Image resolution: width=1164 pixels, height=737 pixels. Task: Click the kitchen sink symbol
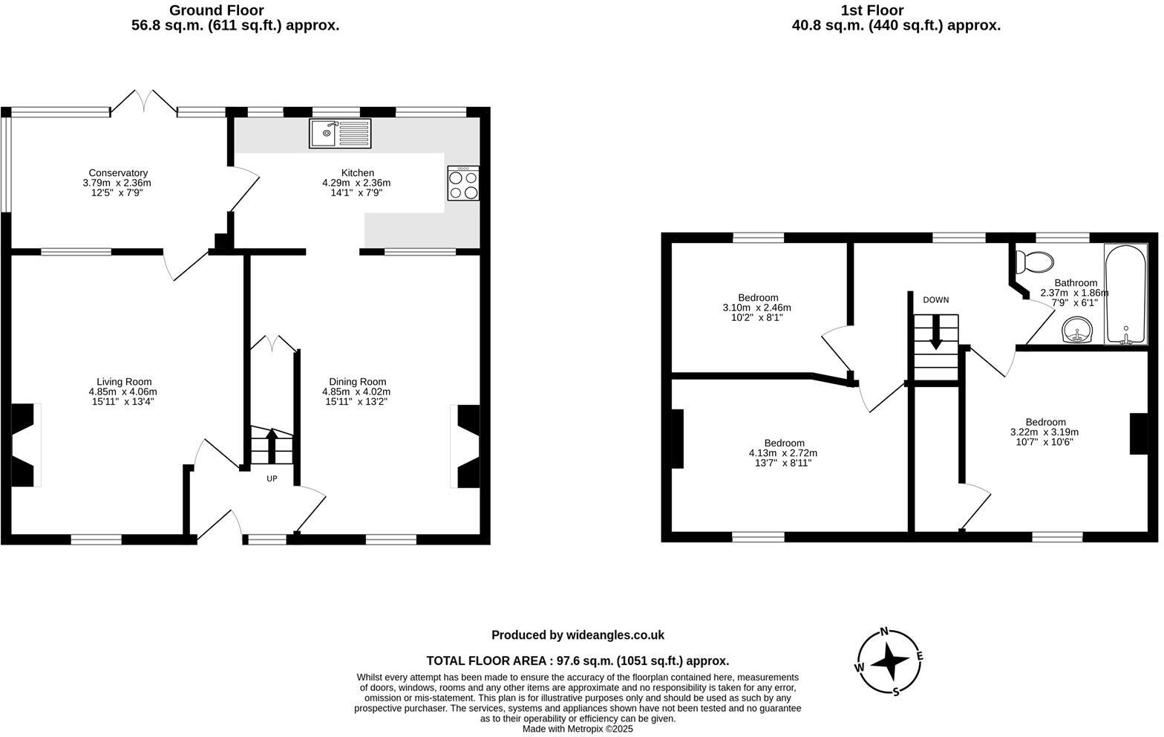coord(341,134)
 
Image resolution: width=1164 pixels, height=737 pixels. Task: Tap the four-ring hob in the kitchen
coord(463,184)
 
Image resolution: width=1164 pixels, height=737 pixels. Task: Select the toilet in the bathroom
coord(1035,262)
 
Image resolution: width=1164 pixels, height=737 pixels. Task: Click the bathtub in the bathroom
coord(1125,294)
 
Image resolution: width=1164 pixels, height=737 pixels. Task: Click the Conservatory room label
coord(118,173)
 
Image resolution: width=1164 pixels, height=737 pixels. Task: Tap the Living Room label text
coord(124,382)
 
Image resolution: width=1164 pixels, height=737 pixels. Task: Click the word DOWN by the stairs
coord(935,300)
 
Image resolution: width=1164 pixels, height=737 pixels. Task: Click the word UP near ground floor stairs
coord(272,478)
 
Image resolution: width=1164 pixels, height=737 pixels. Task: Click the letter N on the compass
coord(884,632)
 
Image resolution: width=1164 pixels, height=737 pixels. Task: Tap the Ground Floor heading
coord(216,10)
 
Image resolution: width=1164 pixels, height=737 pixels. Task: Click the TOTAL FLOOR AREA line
coord(578,660)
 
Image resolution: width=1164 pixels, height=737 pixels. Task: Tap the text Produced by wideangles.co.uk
coord(578,635)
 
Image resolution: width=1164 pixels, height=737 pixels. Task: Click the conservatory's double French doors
coord(144,103)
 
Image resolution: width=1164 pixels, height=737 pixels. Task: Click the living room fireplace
coord(24,445)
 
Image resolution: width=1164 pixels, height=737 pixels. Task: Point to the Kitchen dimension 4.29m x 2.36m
coord(356,183)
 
